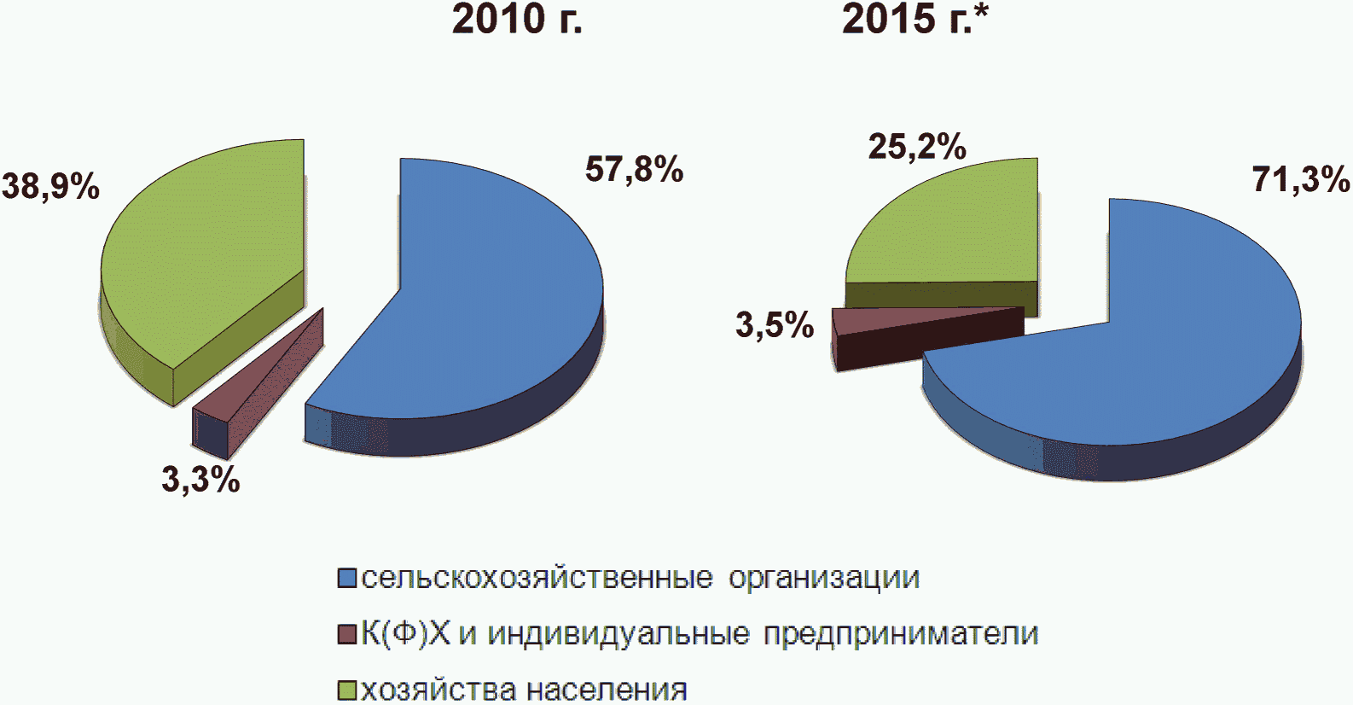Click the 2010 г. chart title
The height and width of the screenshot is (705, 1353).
[517, 20]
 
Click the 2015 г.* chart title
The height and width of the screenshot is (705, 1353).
[915, 20]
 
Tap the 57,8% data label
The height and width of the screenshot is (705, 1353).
[634, 169]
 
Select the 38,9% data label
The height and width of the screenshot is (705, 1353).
[50, 186]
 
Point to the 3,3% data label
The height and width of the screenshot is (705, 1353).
[200, 481]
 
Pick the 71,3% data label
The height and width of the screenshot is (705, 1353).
[1300, 179]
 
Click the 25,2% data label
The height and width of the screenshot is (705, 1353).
[917, 147]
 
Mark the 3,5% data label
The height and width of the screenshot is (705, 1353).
[775, 325]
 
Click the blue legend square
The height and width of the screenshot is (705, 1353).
[347, 578]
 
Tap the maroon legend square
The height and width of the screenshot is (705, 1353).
[347, 634]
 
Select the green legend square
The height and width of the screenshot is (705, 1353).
[347, 690]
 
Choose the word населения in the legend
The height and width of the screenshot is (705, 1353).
[607, 690]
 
